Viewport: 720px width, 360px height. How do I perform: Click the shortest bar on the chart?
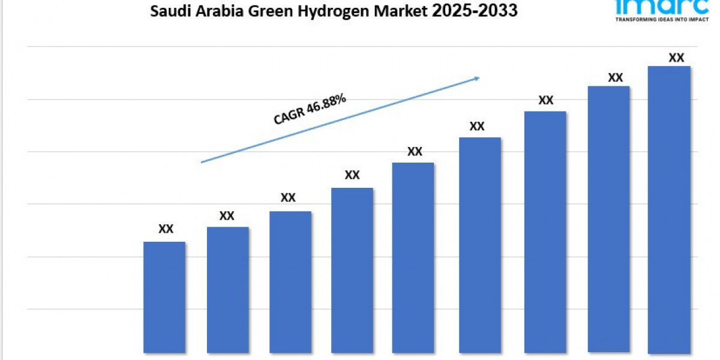[164, 297]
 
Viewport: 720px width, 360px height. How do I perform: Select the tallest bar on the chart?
[669, 209]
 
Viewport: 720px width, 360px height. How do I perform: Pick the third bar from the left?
[290, 281]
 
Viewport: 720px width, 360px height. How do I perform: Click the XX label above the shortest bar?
[166, 229]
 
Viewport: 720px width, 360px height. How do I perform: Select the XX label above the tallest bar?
[676, 58]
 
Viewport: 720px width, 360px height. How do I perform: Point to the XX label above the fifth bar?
[415, 152]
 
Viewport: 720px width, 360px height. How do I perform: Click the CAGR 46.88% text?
[310, 109]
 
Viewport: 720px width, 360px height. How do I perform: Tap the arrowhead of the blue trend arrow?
[477, 77]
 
